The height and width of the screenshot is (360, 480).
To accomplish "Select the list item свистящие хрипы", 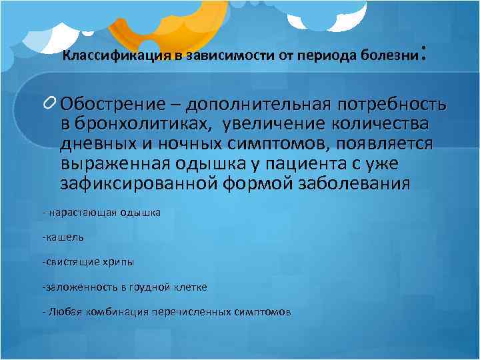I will pos(86,261).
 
